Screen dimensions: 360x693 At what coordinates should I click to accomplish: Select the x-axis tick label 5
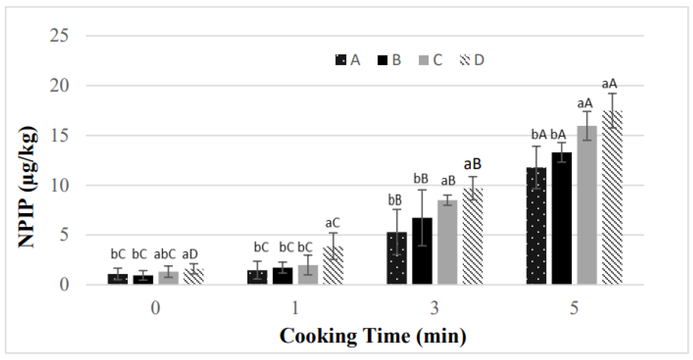574,308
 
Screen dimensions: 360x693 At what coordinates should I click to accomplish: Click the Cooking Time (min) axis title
373,336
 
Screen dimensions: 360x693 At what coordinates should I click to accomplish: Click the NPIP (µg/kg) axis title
28,187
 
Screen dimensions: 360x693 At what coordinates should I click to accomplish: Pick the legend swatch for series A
341,60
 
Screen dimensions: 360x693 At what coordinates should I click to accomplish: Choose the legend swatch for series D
465,60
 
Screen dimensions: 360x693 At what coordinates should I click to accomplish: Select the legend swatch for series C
423,60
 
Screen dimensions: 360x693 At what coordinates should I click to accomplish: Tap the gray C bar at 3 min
447,242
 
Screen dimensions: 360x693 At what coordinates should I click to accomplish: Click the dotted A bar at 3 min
397,258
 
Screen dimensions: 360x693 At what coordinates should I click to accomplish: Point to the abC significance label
165,254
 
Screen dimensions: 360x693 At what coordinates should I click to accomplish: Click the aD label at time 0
190,254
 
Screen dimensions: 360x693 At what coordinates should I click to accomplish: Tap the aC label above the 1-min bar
333,223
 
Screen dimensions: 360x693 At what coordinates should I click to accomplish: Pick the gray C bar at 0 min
168,278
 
